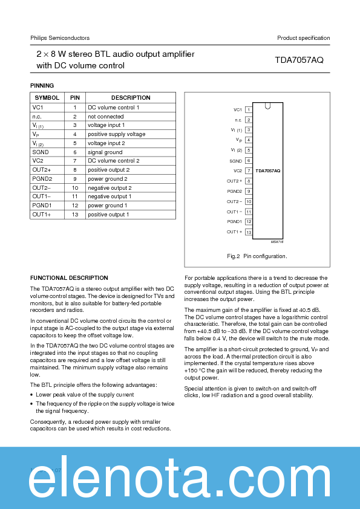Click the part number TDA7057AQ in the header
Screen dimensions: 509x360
(299, 60)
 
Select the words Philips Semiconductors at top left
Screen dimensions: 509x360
(60, 38)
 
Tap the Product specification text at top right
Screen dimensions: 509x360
(303, 38)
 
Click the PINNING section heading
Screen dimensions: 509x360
(42, 86)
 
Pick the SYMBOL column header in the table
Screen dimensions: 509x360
(47, 98)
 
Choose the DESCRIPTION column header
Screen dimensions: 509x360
(131, 98)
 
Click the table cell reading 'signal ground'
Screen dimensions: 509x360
(105, 152)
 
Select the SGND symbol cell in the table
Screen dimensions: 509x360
(41, 152)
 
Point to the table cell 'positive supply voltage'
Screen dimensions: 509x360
(116, 134)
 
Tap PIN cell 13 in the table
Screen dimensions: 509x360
(75, 215)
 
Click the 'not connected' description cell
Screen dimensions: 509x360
(105, 116)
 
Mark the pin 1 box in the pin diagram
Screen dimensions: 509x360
(248, 109)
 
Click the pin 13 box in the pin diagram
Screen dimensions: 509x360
(248, 232)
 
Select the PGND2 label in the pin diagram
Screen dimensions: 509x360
(234, 191)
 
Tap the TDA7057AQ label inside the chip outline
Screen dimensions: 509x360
(267, 171)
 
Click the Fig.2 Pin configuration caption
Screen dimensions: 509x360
(257, 256)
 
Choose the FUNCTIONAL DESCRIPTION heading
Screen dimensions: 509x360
(69, 278)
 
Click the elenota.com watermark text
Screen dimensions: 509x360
(180, 482)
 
